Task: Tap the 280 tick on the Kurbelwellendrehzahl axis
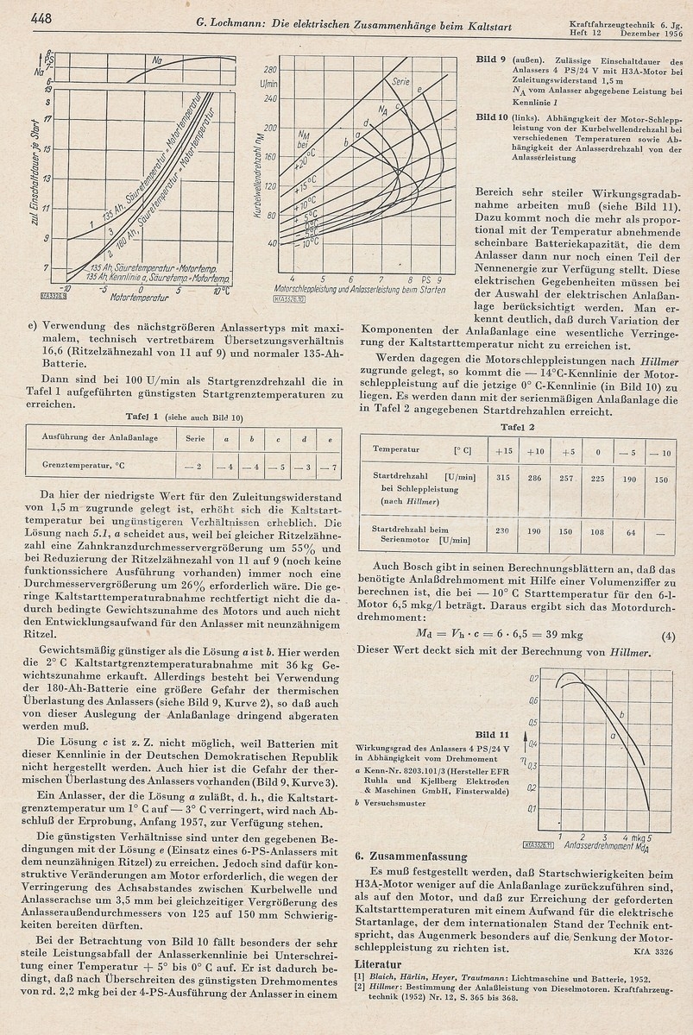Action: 269,68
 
